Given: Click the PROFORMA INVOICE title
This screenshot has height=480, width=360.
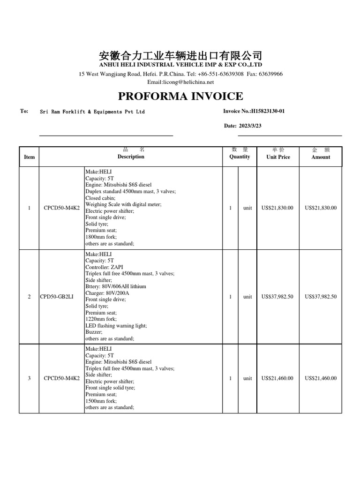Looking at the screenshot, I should click(x=180, y=97).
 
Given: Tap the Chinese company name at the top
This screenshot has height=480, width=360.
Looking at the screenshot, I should click(x=180, y=55).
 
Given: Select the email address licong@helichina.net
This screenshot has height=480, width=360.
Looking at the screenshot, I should click(x=180, y=82).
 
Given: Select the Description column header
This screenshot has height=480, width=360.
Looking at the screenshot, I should click(x=131, y=157).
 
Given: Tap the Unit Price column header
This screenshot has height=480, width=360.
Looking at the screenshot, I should click(x=278, y=157).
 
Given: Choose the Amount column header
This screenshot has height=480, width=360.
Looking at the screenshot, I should click(x=321, y=157).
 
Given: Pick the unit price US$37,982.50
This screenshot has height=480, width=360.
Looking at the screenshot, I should click(x=277, y=297).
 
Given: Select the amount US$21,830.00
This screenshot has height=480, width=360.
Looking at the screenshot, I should click(x=321, y=208).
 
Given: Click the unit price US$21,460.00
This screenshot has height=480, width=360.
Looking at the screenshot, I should click(x=277, y=378).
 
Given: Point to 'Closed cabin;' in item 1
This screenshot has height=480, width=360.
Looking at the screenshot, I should click(x=100, y=198).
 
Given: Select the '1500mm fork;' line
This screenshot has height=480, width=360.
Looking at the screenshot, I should click(x=101, y=401).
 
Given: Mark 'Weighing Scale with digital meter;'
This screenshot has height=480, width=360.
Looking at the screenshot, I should click(x=123, y=204).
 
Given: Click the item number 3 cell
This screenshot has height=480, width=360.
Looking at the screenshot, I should click(x=29, y=378).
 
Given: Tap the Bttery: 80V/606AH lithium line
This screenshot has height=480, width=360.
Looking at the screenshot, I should click(x=116, y=286).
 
